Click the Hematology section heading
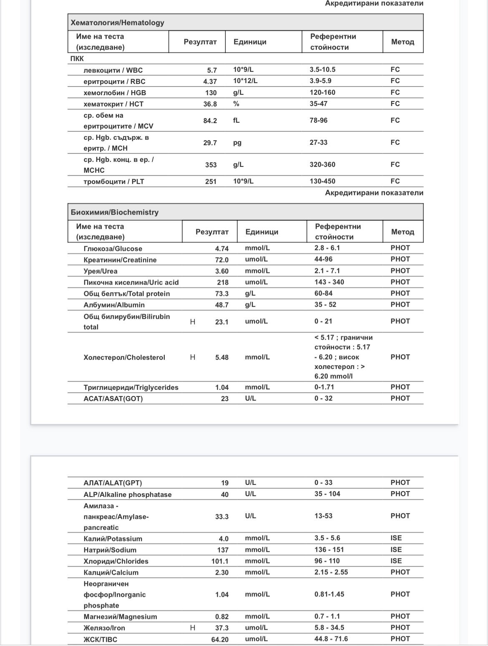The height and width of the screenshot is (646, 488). pos(117,23)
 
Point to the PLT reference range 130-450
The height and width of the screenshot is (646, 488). pos(322,181)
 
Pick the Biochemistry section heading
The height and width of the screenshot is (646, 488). pos(115,212)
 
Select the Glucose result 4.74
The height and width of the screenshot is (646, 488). pos(221,249)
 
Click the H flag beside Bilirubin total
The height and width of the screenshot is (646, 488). pos(193,322)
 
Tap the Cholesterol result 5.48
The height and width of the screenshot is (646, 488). pos(221,358)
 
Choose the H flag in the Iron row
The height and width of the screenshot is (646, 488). pos(193,628)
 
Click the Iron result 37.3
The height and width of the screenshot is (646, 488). pos(221,628)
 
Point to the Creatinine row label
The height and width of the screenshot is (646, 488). pos(120,260)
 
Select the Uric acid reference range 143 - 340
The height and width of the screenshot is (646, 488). pos(329,282)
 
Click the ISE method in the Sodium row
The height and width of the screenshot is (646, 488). pos(396,550)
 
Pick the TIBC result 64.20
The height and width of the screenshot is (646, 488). pos(220,639)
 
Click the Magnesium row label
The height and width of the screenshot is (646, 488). pos(120,617)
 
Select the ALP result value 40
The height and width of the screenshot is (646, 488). pos(224,495)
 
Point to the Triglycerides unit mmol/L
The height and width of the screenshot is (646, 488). pos(257,387)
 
